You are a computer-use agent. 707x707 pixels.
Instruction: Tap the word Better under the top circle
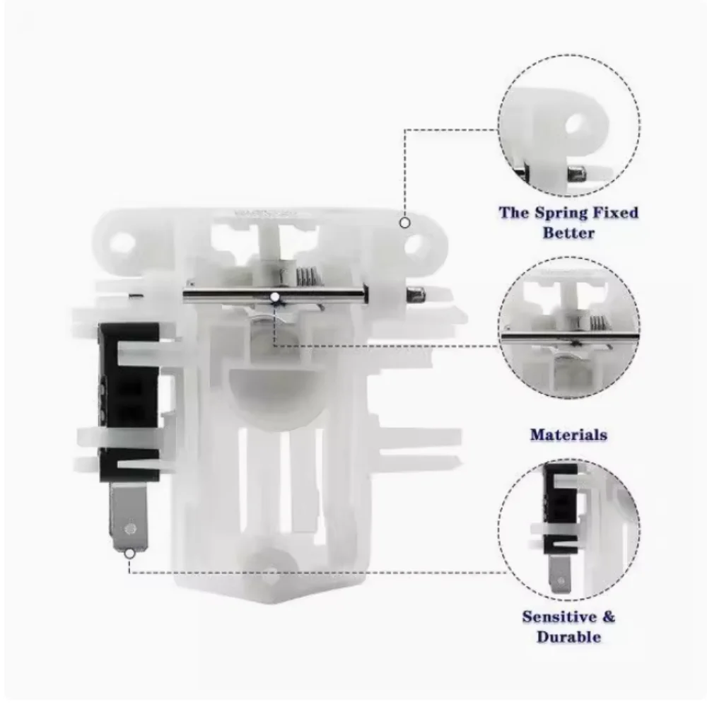pyautogui.click(x=568, y=233)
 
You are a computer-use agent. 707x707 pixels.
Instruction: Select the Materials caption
pyautogui.click(x=568, y=435)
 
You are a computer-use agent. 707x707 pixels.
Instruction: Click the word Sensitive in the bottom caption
pyautogui.click(x=559, y=617)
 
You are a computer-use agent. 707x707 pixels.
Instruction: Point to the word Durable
pyautogui.click(x=568, y=637)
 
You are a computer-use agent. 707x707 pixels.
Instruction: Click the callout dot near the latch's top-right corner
pyautogui.click(x=405, y=223)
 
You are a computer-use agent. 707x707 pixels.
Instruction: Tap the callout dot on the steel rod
pyautogui.click(x=274, y=297)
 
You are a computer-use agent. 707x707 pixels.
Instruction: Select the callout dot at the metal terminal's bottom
pyautogui.click(x=129, y=554)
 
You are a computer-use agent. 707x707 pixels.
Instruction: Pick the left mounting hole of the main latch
pyautogui.click(x=120, y=243)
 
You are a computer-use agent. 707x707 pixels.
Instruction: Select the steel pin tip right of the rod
pyautogui.click(x=416, y=294)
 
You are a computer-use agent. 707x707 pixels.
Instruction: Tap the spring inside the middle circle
pyautogui.click(x=598, y=323)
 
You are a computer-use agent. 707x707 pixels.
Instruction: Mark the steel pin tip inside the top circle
pyautogui.click(x=577, y=174)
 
